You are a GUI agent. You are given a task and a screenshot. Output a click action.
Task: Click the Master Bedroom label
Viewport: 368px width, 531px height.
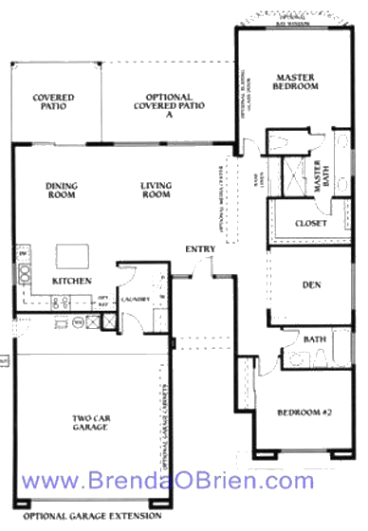tap(295, 82)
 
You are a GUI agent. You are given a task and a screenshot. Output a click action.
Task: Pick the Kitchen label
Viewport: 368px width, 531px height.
tap(71, 282)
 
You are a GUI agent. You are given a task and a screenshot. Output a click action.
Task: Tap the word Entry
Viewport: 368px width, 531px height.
tap(200, 249)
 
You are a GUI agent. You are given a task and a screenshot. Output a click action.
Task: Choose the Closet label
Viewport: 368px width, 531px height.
tap(311, 223)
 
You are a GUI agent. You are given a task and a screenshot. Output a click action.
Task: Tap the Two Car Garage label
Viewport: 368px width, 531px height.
tap(93, 422)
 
